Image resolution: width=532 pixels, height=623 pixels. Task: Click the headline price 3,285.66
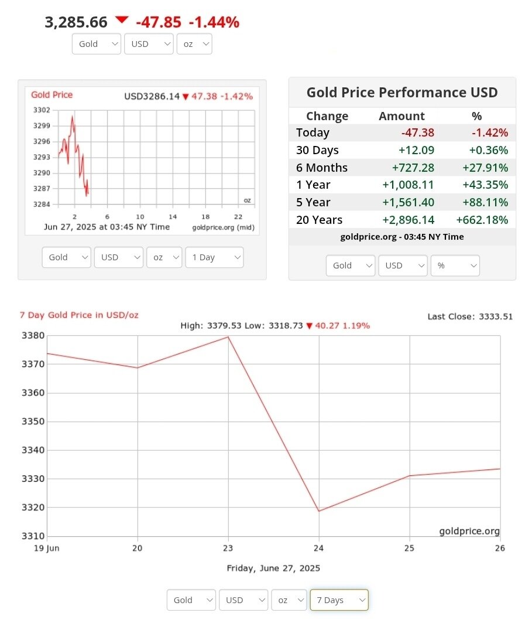click(x=76, y=22)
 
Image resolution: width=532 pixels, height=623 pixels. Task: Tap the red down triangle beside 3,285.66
click(x=121, y=21)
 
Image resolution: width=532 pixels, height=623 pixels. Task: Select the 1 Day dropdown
click(x=214, y=257)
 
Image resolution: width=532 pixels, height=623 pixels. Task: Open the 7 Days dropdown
click(x=339, y=600)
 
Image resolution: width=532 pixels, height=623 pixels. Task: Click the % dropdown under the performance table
click(x=455, y=265)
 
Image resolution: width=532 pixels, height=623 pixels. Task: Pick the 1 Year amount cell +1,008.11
click(x=408, y=185)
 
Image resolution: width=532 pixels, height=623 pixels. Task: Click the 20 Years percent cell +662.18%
click(x=482, y=220)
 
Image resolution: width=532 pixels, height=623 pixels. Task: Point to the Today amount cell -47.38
click(x=418, y=133)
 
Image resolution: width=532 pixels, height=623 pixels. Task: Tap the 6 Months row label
click(x=322, y=168)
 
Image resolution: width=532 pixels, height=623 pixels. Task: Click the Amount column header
click(x=401, y=116)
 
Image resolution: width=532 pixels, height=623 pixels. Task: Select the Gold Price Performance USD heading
click(x=402, y=93)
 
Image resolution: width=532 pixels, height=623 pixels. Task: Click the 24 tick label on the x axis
click(x=319, y=548)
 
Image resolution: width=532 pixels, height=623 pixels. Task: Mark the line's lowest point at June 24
click(x=319, y=511)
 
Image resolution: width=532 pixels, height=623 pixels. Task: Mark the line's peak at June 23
click(x=228, y=337)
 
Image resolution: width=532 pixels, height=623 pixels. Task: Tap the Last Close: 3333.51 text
click(x=470, y=316)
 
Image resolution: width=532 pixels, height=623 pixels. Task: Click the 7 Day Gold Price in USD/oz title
click(x=79, y=315)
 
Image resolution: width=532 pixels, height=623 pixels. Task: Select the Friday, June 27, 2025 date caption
click(x=273, y=568)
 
